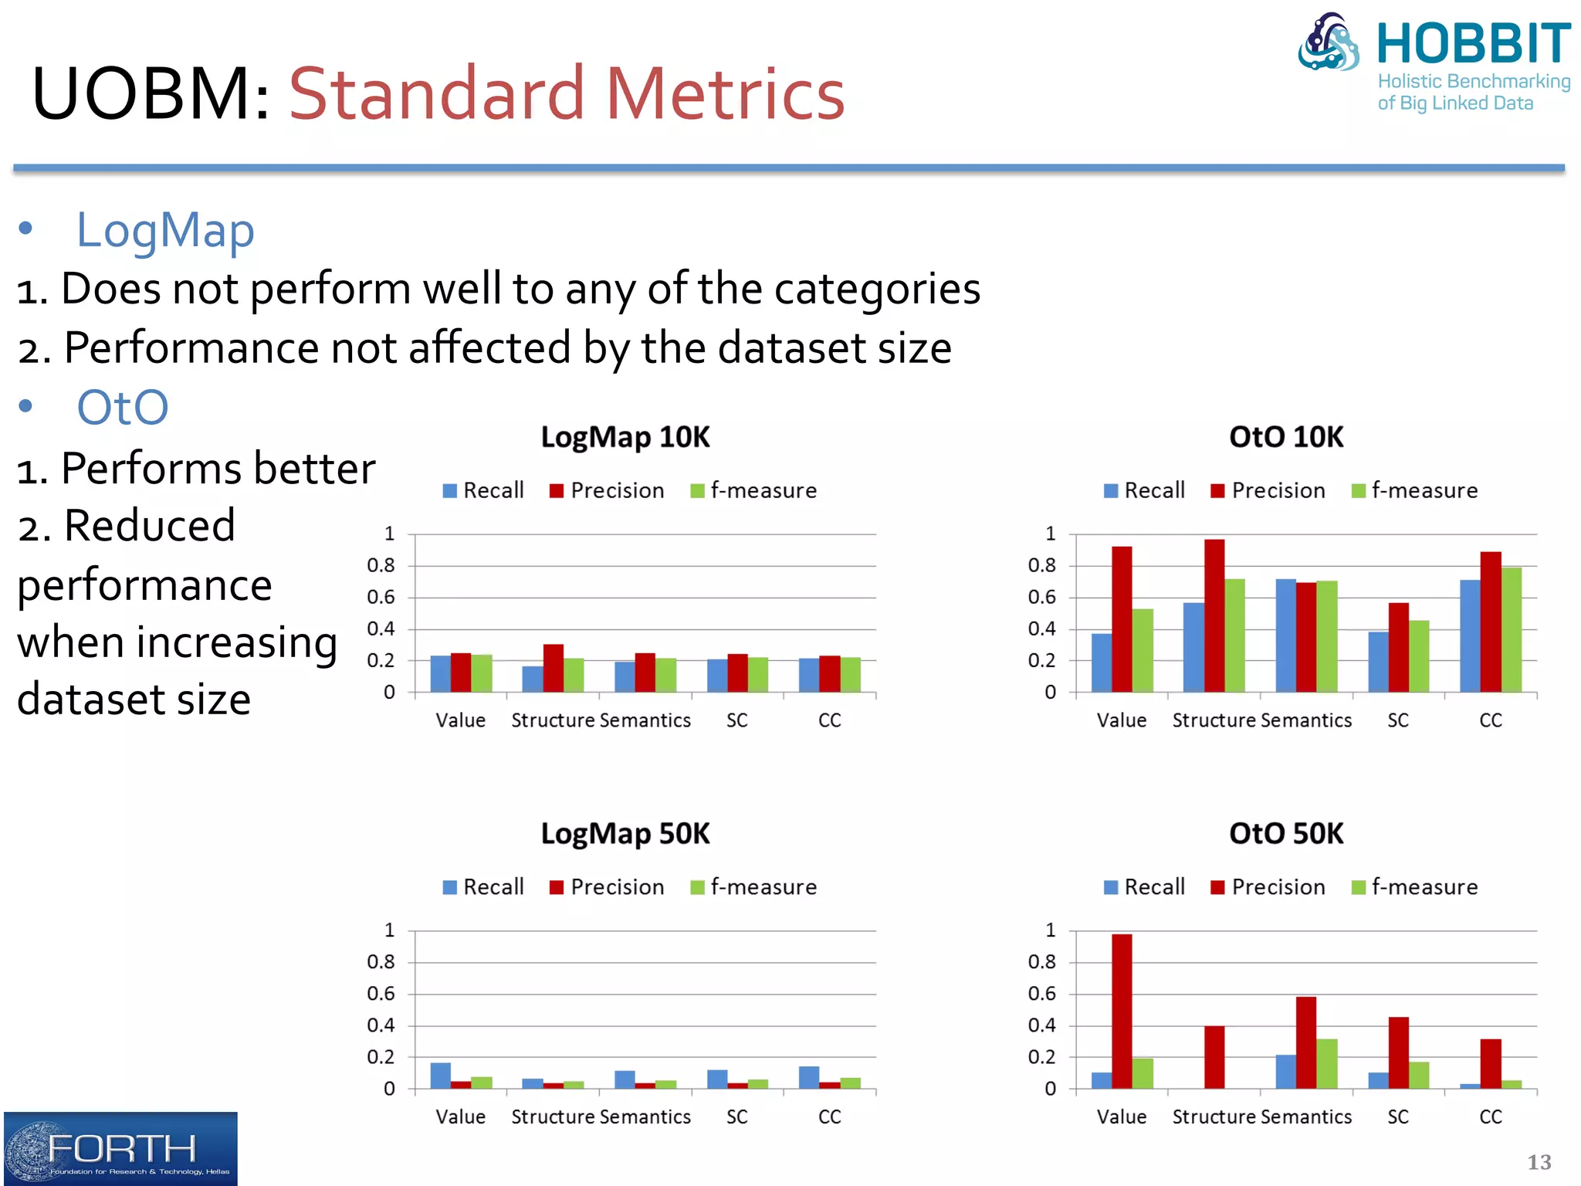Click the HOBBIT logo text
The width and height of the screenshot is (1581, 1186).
pyautogui.click(x=1473, y=44)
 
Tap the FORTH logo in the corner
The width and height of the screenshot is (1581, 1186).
pyautogui.click(x=120, y=1148)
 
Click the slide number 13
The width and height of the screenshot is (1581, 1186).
pyautogui.click(x=1539, y=1162)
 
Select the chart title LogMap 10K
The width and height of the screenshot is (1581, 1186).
pyautogui.click(x=625, y=437)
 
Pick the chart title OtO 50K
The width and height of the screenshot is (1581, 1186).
pyautogui.click(x=1286, y=834)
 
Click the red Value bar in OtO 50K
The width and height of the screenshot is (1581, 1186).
pyautogui.click(x=1122, y=1011)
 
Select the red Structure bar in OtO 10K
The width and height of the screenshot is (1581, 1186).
pyautogui.click(x=1214, y=615)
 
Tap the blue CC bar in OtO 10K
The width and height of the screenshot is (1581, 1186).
pyautogui.click(x=1470, y=635)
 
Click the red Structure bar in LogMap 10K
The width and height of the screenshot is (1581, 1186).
pyautogui.click(x=553, y=668)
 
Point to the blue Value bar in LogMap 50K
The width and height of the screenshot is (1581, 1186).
pyautogui.click(x=440, y=1076)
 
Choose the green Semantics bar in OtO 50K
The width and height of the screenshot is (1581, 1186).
pyautogui.click(x=1326, y=1063)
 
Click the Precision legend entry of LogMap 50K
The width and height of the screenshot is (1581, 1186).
pyautogui.click(x=607, y=887)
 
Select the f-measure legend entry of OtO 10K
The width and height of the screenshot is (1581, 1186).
pyautogui.click(x=1415, y=491)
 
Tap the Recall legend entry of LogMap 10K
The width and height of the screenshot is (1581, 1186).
pyautogui.click(x=483, y=491)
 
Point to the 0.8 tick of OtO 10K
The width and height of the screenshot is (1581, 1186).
pyautogui.click(x=1041, y=566)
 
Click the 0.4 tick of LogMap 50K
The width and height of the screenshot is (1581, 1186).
pyautogui.click(x=381, y=1025)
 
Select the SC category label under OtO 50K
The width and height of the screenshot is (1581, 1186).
pyautogui.click(x=1398, y=1117)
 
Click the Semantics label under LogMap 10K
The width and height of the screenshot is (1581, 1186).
pyautogui.click(x=645, y=720)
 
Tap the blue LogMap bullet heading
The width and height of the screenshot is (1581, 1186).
pyautogui.click(x=165, y=230)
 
